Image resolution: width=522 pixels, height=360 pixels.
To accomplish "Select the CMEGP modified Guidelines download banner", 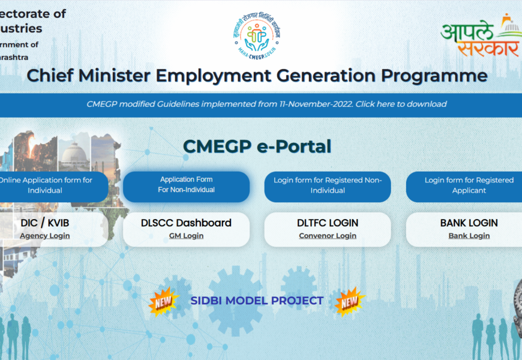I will (x=266, y=104).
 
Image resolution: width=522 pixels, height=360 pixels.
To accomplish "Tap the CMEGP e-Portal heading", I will (x=257, y=146).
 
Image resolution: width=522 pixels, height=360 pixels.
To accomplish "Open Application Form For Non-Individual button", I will (x=186, y=185).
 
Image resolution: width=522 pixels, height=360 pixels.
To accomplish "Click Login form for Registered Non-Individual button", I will (x=328, y=185).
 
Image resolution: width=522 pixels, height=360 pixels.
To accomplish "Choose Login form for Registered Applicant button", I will (x=469, y=185).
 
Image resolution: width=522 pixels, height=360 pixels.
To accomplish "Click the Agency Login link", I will (x=45, y=236).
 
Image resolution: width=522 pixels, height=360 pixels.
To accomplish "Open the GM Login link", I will (x=186, y=236).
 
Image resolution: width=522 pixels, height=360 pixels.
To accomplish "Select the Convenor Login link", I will (x=328, y=236).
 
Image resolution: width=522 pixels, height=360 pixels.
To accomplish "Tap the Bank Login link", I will (x=469, y=236).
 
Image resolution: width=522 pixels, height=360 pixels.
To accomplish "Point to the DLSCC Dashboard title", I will (x=186, y=223).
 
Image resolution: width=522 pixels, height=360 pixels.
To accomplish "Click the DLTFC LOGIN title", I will (x=328, y=223).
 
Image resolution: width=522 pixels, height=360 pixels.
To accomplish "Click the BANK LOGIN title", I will (x=469, y=223).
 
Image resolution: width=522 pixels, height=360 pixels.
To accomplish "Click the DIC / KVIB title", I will (x=45, y=223).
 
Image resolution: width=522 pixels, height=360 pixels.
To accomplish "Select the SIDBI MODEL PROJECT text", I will (x=257, y=301).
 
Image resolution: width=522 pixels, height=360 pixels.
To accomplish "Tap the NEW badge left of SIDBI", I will (x=163, y=301).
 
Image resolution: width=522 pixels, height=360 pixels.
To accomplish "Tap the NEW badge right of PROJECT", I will (x=349, y=301).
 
